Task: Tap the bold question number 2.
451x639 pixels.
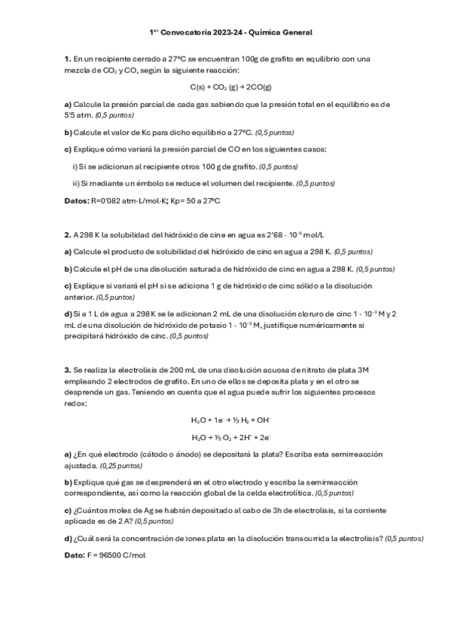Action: tap(66, 235)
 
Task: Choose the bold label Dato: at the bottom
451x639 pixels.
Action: tap(75, 555)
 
